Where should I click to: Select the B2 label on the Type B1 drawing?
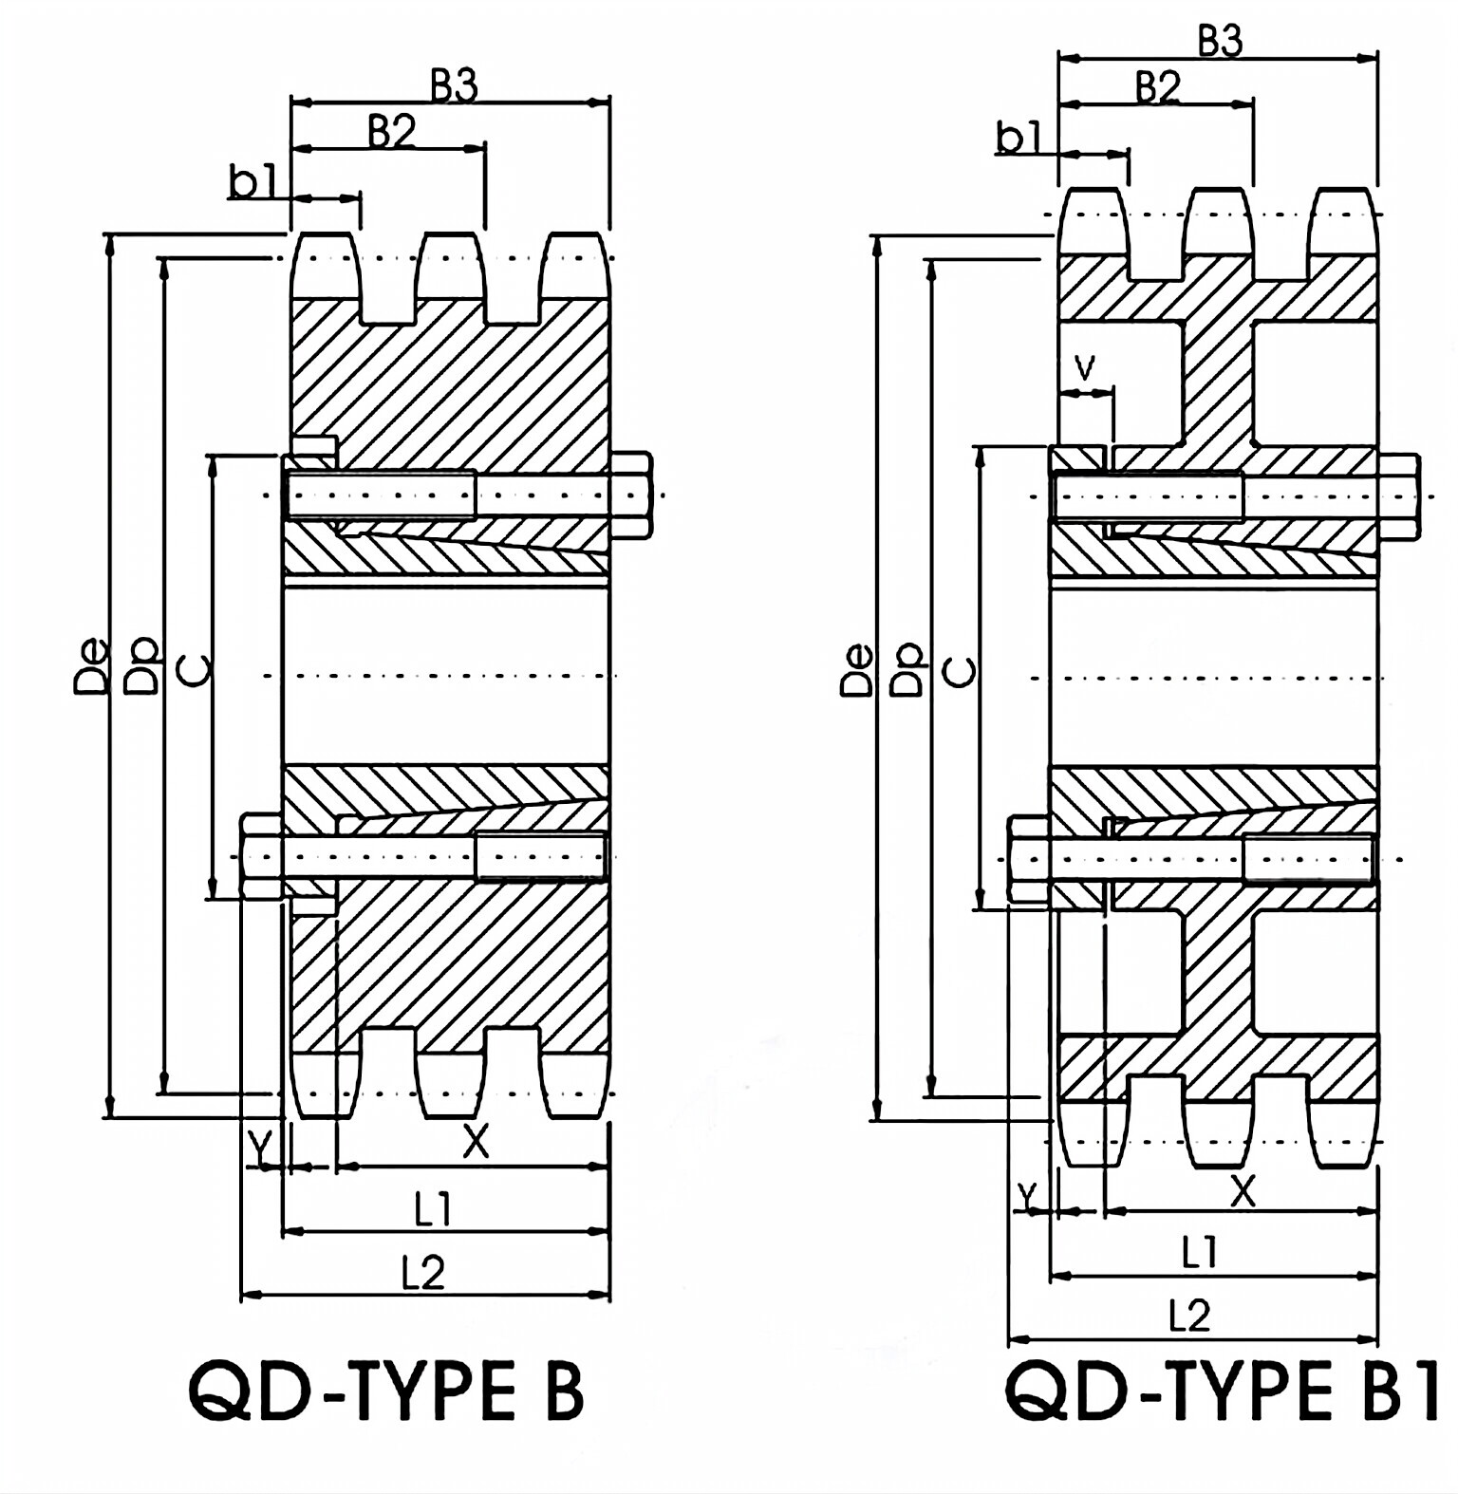1157,88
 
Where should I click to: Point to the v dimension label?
1085,365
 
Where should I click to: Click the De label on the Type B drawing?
91,670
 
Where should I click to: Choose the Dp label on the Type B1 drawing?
909,670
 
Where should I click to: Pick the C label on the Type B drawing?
195,670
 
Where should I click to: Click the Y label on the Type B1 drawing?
1025,1197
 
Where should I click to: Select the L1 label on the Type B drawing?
432,1209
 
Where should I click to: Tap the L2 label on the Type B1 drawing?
1189,1317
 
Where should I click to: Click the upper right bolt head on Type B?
630,495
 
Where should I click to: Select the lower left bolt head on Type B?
261,855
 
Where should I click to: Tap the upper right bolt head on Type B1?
1398,495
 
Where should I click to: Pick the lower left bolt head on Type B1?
1028,860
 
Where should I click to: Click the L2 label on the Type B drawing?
422,1272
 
